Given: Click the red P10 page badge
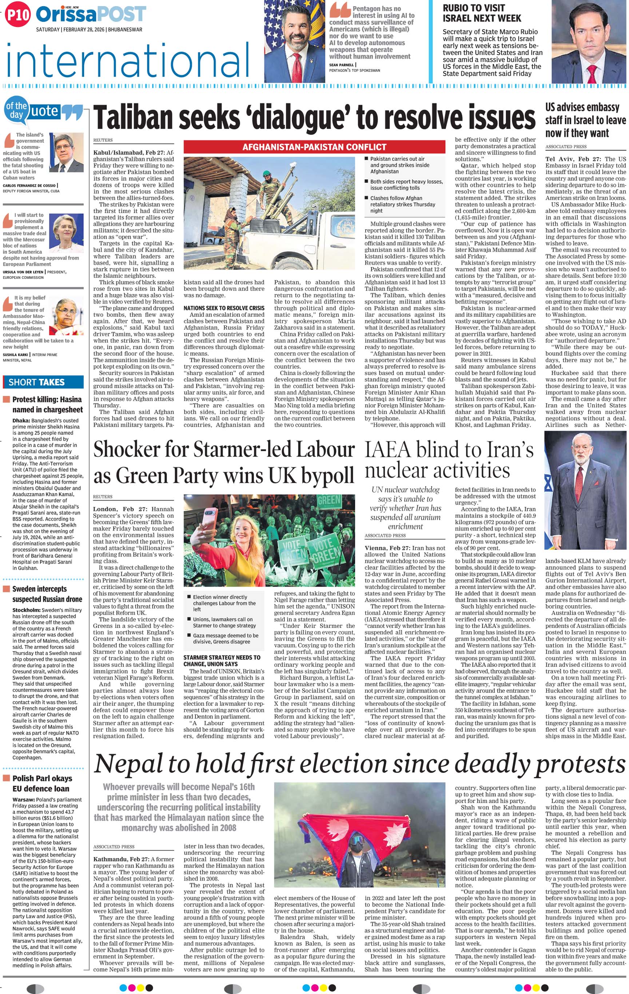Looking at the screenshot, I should pos(18,15).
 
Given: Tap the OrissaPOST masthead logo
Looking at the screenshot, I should pos(91,15).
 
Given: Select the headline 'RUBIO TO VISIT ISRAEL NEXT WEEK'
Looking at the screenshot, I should pos(482,13).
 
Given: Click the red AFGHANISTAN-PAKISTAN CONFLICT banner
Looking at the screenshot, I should pos(314,147).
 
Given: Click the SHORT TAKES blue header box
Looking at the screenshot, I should pos(43,382).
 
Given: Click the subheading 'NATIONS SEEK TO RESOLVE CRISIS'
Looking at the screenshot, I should pos(224,308).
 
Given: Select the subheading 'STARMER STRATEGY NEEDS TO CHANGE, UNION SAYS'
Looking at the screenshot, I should pos(222,661).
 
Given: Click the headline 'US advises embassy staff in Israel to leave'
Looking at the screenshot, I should pos(585,120).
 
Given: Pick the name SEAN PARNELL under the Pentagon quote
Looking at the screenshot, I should pos(341,65).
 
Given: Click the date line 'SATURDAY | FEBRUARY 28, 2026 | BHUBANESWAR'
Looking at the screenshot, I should pos(89,30).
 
